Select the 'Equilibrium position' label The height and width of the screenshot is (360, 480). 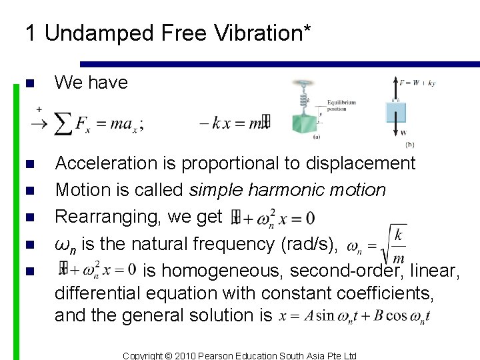341,106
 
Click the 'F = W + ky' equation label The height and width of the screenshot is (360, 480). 417,83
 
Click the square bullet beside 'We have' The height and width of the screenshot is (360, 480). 27,84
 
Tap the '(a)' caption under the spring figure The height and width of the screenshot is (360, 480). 316,136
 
